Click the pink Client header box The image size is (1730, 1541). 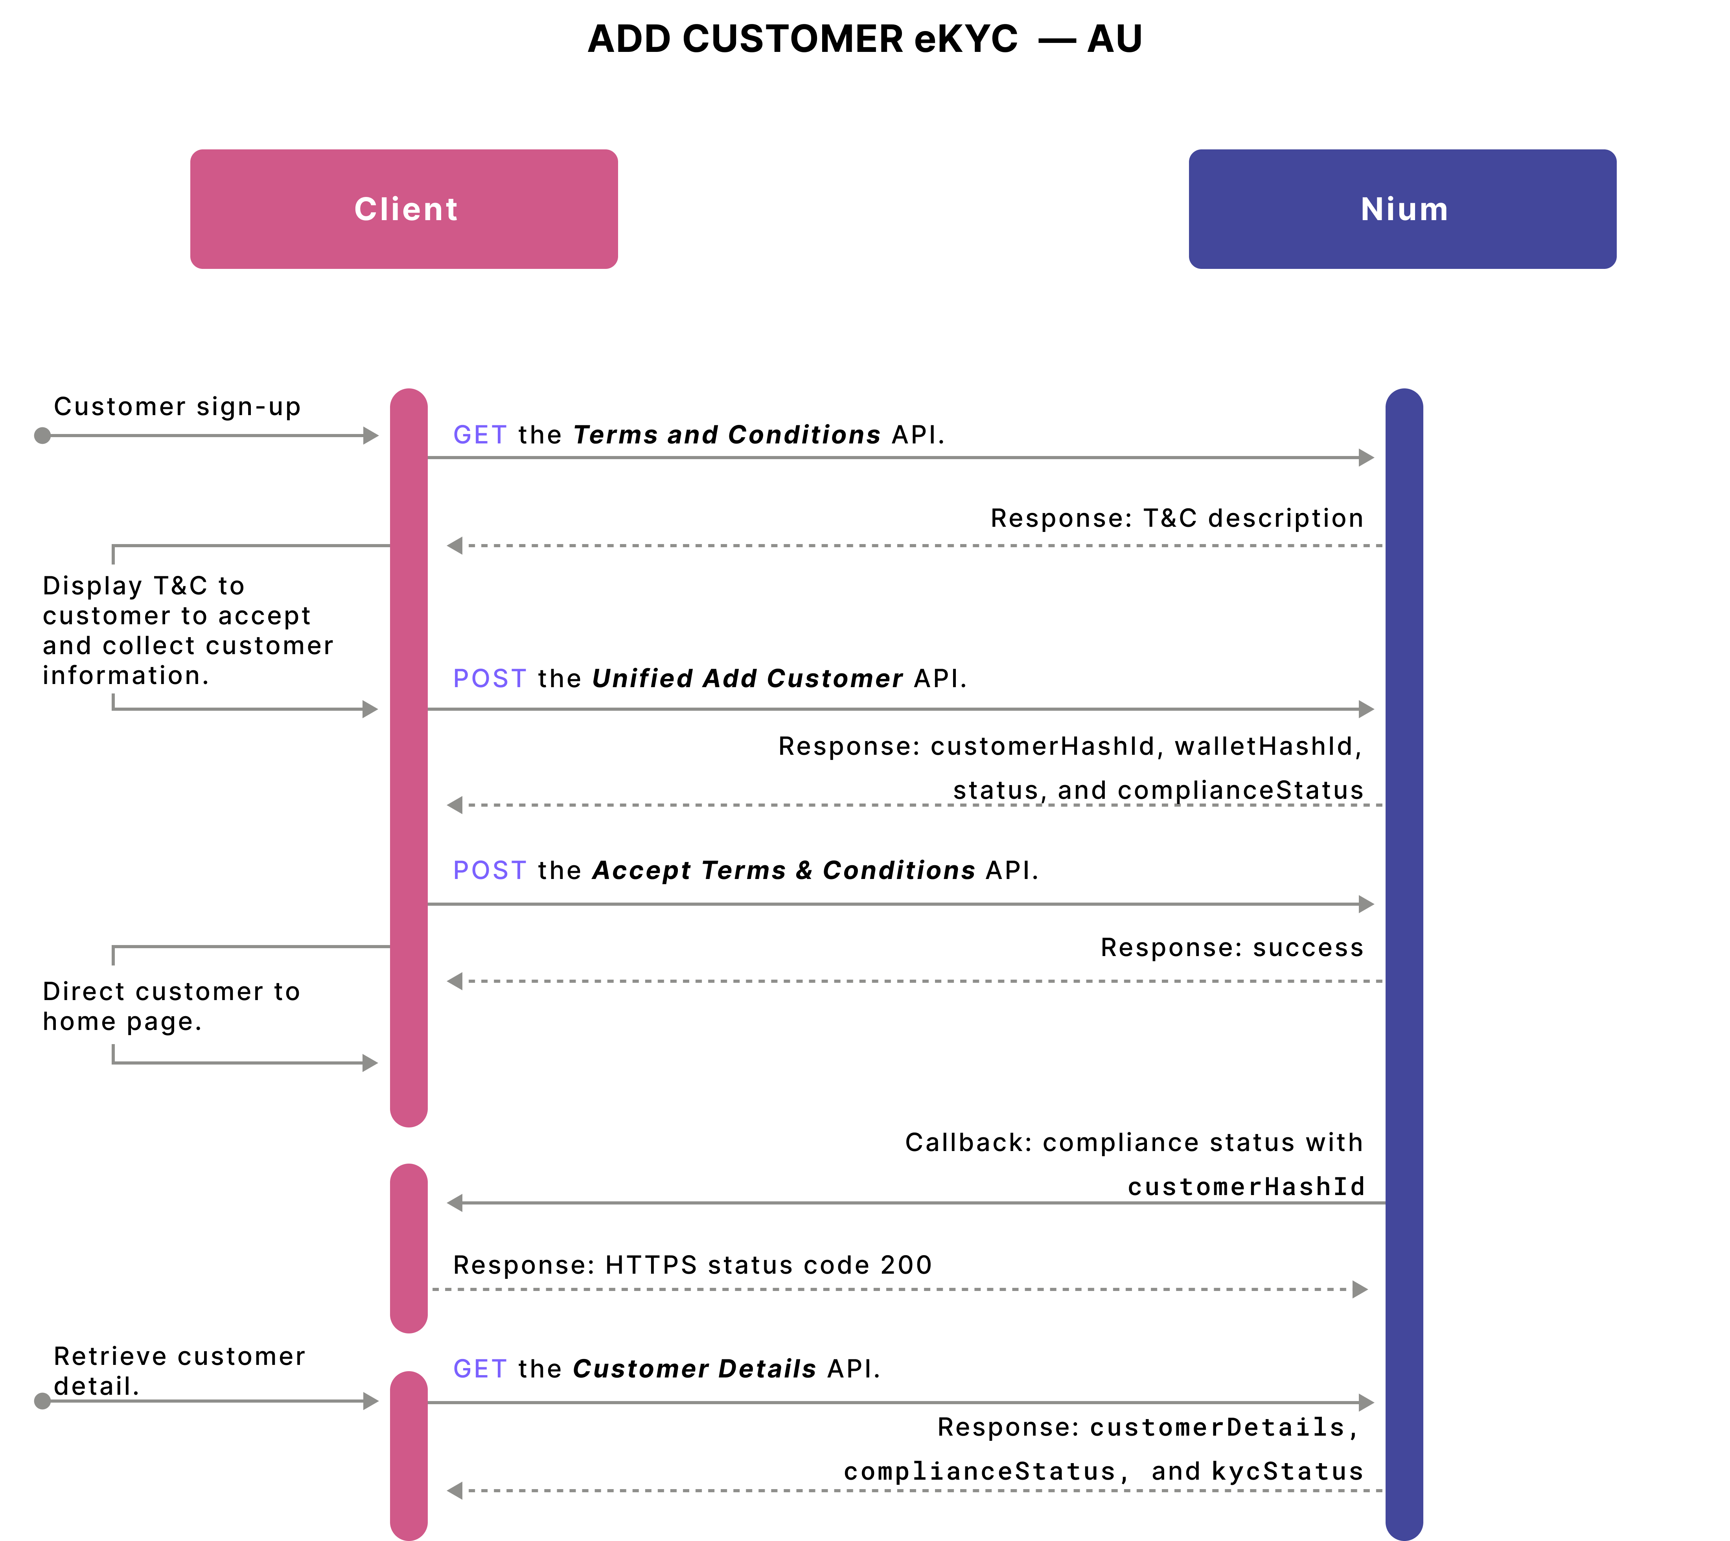(x=404, y=209)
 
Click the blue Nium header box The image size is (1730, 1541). (x=1402, y=209)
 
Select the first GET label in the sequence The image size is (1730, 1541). (x=480, y=435)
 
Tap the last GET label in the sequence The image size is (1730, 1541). (x=480, y=1369)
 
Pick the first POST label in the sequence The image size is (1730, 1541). (x=490, y=678)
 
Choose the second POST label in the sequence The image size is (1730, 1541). (x=490, y=870)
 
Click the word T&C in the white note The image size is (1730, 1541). (x=180, y=586)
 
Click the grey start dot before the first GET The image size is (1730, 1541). (x=42, y=436)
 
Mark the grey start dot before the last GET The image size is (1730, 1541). (x=42, y=1401)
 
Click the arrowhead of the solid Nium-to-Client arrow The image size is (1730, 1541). (x=455, y=1203)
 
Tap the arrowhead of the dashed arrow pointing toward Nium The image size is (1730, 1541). (x=1360, y=1289)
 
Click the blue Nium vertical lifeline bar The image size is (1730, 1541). (x=1404, y=931)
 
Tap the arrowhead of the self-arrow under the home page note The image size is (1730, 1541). (x=370, y=1063)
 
